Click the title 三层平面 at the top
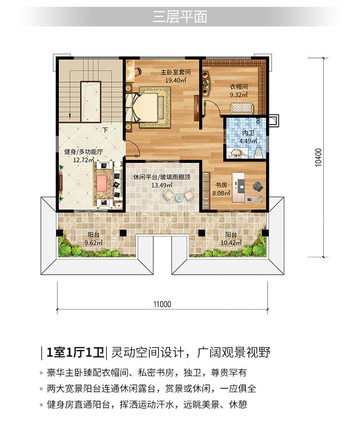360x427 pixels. (180, 17)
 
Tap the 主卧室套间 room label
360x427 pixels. (175, 72)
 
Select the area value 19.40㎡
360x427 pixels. (175, 80)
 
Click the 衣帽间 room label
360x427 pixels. (239, 87)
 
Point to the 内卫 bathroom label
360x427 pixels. (248, 133)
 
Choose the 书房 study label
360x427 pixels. (221, 185)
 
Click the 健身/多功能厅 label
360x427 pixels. (83, 151)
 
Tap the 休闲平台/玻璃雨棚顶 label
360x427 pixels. (162, 177)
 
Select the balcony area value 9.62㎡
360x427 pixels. (93, 243)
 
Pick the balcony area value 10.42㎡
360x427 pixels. (231, 243)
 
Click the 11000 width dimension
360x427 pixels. (162, 304)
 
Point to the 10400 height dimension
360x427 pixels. (319, 157)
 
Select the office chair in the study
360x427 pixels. (257, 186)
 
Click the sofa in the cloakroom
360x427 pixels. (242, 108)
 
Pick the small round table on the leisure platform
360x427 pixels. (179, 197)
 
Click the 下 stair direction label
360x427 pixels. (105, 130)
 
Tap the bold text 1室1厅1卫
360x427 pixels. (75, 352)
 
